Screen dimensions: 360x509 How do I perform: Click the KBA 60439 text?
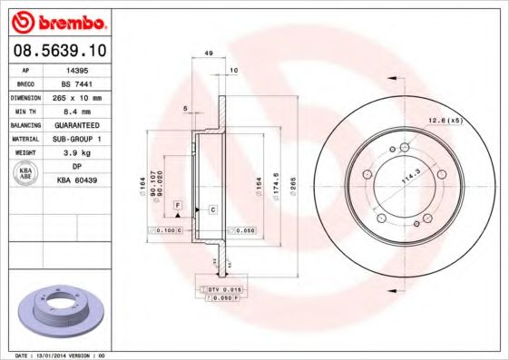(x=76, y=180)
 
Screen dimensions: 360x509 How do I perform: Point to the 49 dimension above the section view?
(x=208, y=54)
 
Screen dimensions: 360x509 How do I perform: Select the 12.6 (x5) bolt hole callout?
(x=445, y=120)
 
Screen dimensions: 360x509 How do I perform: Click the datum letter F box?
(x=178, y=207)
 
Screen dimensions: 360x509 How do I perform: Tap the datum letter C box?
(x=212, y=209)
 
